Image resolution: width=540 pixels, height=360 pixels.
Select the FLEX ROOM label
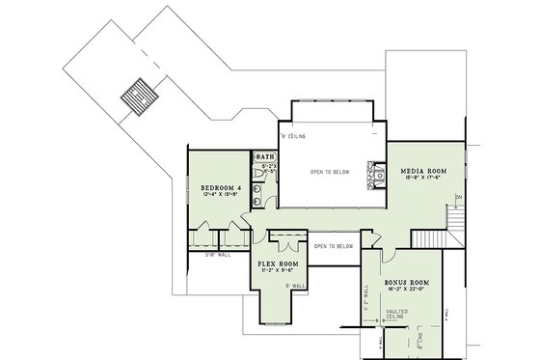click(x=280, y=263)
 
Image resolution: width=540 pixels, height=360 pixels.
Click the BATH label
click(x=264, y=156)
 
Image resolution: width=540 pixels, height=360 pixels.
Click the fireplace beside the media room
click(x=367, y=174)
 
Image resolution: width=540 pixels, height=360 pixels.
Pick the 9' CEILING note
click(x=294, y=137)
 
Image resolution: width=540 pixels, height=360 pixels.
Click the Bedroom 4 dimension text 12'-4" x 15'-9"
click(x=220, y=195)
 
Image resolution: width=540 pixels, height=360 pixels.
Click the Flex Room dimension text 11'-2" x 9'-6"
click(x=280, y=271)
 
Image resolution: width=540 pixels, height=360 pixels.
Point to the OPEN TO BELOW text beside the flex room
click(x=333, y=246)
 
